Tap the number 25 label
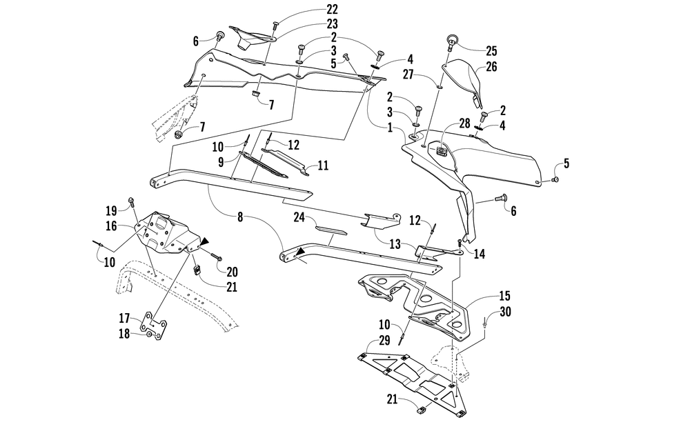491,51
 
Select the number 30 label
505,312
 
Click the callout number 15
504,296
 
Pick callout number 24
299,217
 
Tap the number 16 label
111,226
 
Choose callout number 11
324,166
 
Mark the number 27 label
408,74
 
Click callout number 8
240,217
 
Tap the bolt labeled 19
132,203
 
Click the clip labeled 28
442,150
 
